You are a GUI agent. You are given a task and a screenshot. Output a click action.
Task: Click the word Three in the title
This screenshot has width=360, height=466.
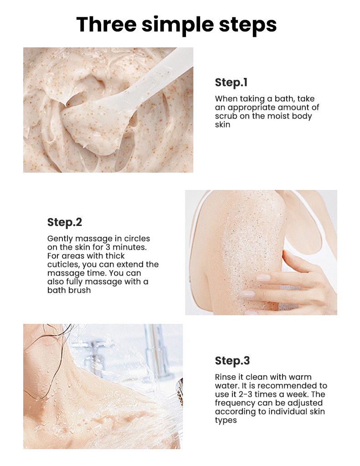coord(107,24)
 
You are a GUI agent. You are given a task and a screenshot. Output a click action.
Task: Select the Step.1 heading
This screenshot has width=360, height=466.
coord(231,82)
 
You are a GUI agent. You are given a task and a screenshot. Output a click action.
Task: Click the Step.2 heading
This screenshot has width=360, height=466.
coord(65,222)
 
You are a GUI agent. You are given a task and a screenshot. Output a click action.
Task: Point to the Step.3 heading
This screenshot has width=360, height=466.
coord(232,360)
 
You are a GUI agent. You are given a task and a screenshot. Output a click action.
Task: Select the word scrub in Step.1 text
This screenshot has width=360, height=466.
coord(226,116)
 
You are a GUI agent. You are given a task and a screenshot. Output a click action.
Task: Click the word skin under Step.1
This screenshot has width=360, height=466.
coord(223,124)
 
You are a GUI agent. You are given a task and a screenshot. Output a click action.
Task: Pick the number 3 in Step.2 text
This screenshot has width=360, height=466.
coord(108,247)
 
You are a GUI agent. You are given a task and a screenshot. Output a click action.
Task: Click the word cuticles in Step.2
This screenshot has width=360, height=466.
coord(63,265)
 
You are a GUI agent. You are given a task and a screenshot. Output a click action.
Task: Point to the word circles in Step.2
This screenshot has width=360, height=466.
coord(137,239)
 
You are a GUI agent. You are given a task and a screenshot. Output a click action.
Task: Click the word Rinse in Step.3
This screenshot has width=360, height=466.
coord(225,377)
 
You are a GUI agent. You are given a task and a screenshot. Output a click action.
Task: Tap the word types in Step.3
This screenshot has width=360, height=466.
coord(226,420)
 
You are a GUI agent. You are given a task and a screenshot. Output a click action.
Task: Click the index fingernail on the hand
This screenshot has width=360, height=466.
coord(263,277)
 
